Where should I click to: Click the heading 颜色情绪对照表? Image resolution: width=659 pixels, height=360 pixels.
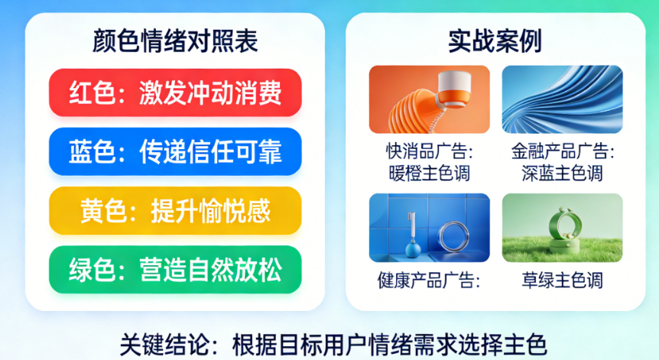click(175, 41)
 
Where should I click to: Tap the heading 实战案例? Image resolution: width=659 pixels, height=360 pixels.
click(495, 41)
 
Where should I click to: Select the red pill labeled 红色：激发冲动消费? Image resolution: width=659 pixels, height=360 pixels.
click(175, 92)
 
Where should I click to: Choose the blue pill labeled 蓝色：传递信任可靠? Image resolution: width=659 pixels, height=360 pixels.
click(175, 151)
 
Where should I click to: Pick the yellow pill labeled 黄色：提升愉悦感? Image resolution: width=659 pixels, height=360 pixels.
click(175, 210)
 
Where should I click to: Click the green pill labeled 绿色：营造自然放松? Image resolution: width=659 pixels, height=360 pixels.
click(175, 270)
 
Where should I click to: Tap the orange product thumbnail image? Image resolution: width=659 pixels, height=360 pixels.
click(429, 99)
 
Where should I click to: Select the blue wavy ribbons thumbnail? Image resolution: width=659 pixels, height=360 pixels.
click(563, 99)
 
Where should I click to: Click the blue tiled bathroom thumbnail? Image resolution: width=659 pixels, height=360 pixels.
click(429, 228)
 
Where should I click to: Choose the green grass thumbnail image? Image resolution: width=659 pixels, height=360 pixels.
click(563, 228)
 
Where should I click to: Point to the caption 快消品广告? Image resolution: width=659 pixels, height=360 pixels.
click(430, 151)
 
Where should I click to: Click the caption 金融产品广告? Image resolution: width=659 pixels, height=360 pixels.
click(563, 151)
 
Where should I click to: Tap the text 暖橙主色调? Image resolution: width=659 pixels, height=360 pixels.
click(429, 173)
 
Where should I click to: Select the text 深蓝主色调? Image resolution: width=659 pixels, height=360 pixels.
click(563, 173)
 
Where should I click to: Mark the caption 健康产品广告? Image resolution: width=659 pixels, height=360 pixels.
click(429, 281)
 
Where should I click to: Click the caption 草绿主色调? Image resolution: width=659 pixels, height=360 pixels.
click(563, 281)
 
